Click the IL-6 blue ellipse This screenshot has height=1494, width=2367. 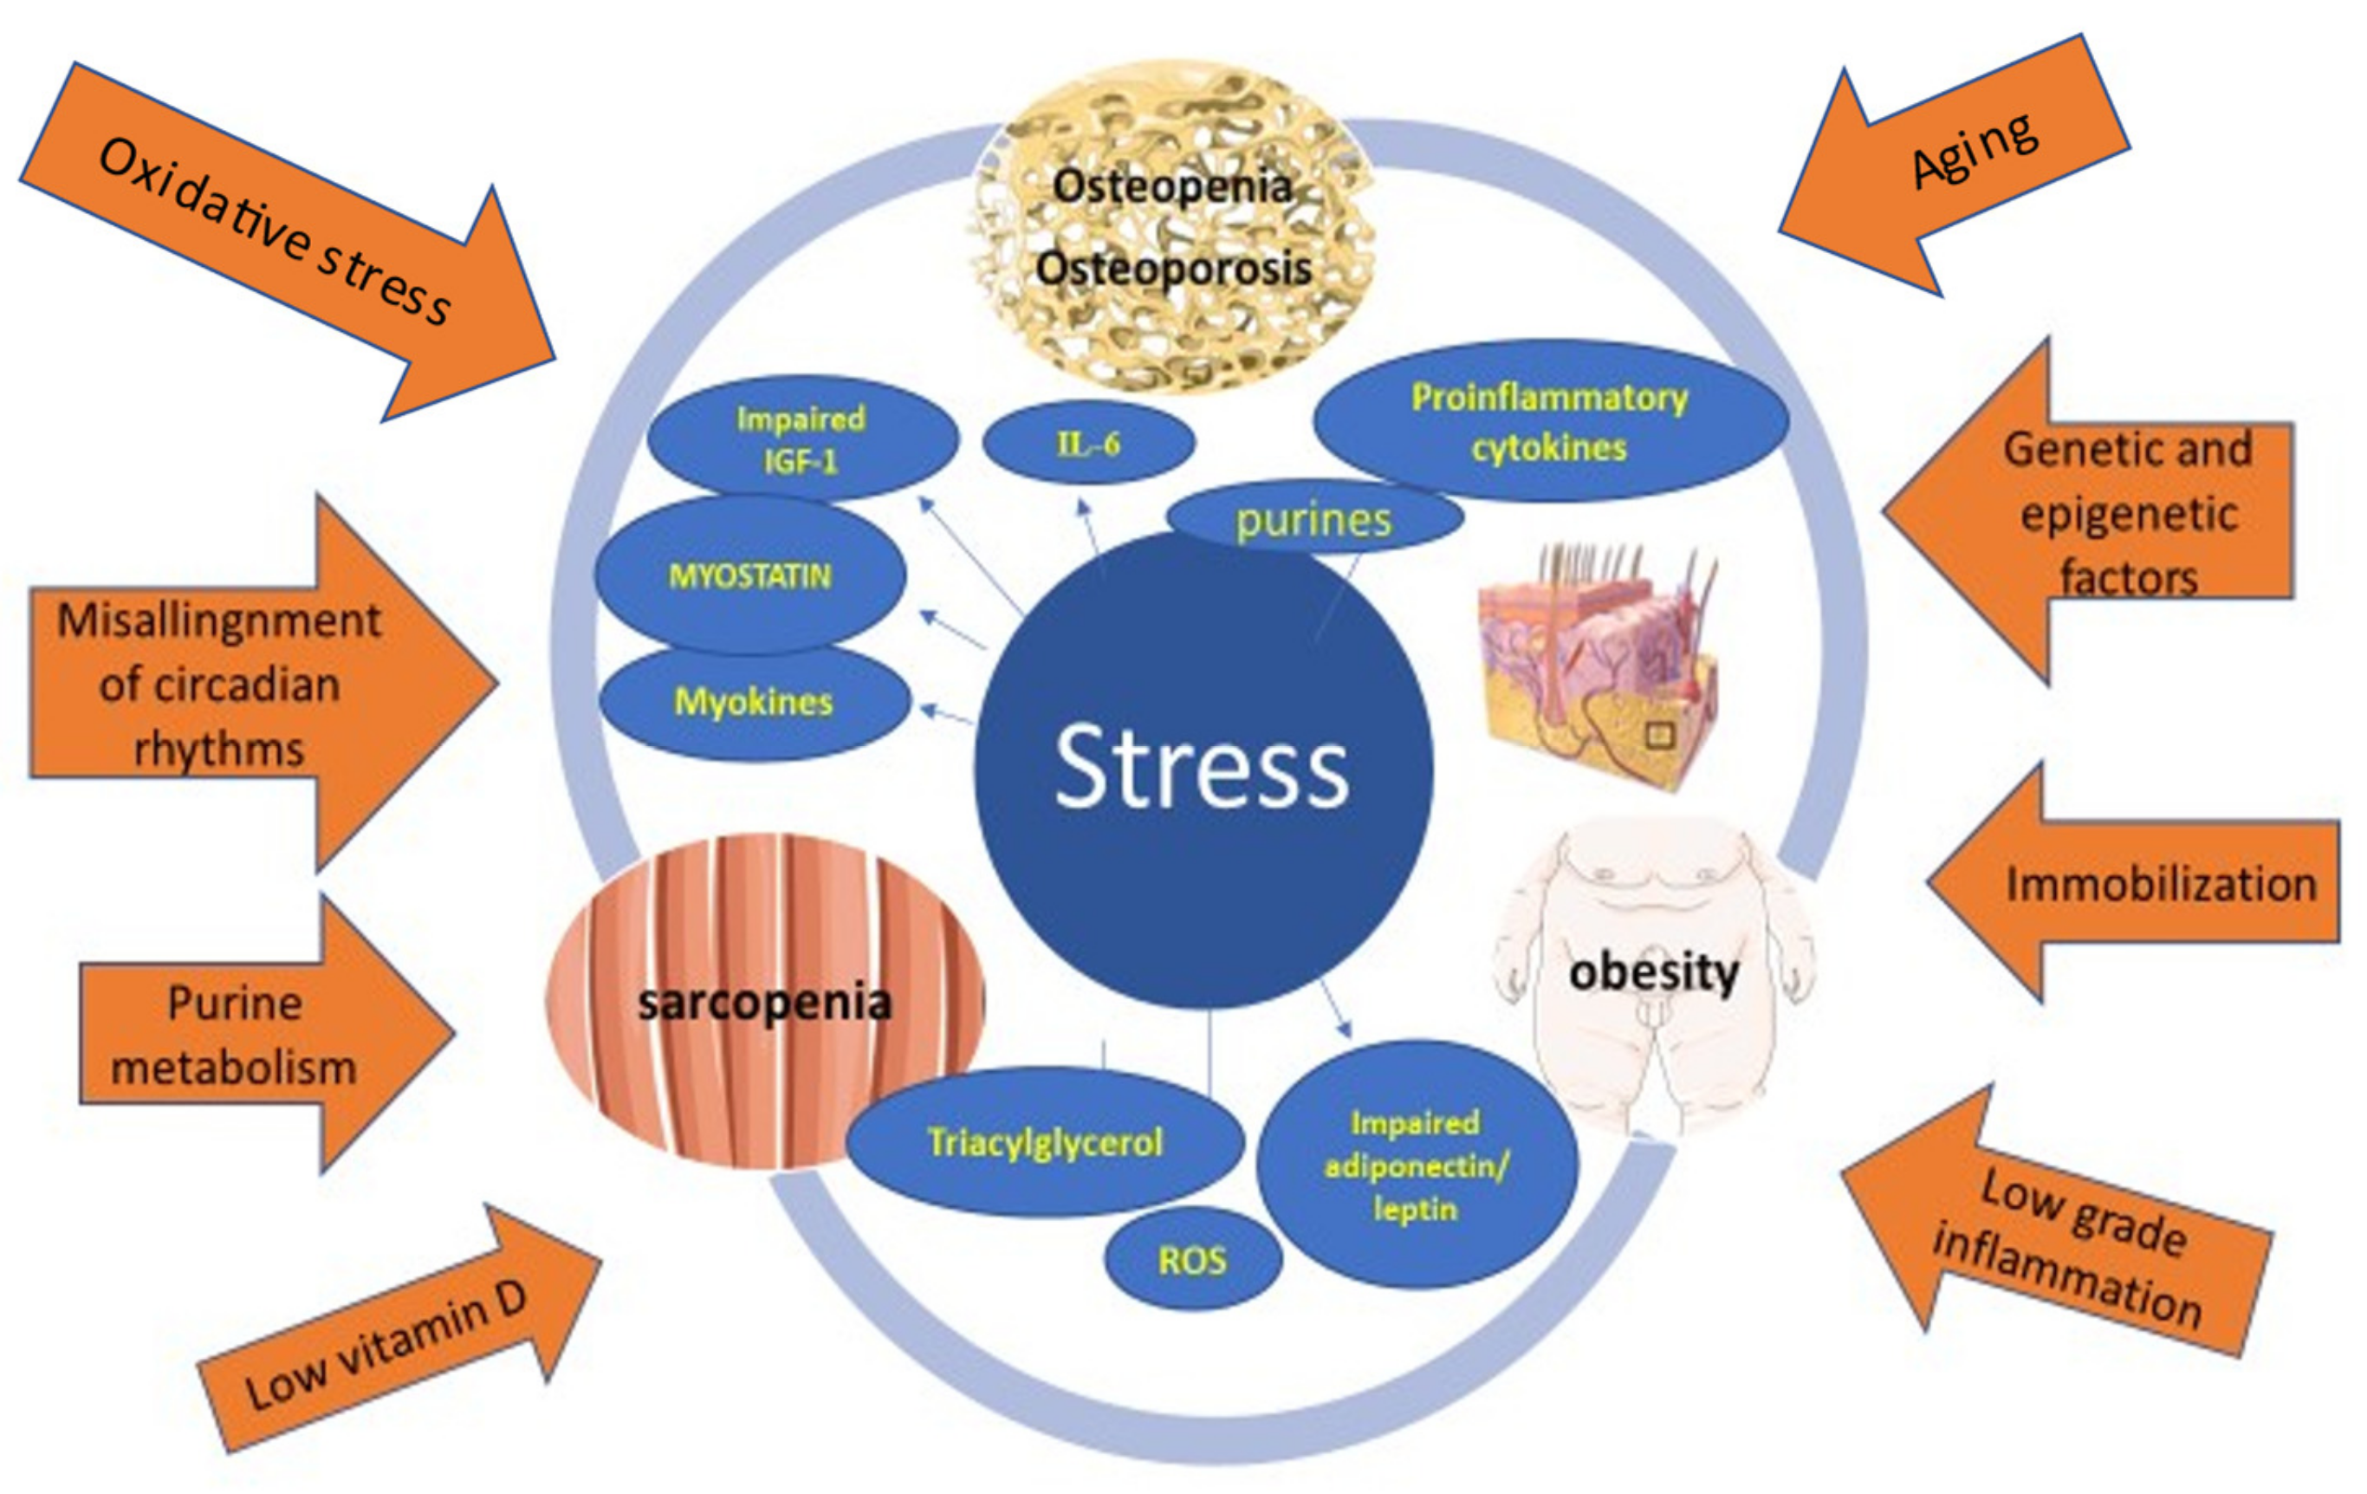coord(1088,444)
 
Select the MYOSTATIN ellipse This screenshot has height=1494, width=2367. coord(750,575)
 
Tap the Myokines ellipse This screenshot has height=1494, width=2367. coord(754,702)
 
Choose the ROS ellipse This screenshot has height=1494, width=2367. coord(1192,1259)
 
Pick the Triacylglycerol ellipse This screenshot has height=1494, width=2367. coord(1045,1142)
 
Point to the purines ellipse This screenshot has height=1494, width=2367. coord(1313,519)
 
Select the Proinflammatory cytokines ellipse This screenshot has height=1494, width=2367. coord(1549,422)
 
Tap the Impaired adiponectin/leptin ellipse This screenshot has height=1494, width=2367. coord(1416,1166)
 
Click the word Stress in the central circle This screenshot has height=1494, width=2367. coord(1201,768)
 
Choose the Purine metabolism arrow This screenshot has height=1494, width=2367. coord(246,1035)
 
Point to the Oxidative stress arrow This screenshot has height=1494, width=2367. coord(285,236)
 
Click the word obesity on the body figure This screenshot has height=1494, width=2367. coord(1654,973)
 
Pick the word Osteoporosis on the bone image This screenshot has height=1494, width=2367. coord(1173,269)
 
